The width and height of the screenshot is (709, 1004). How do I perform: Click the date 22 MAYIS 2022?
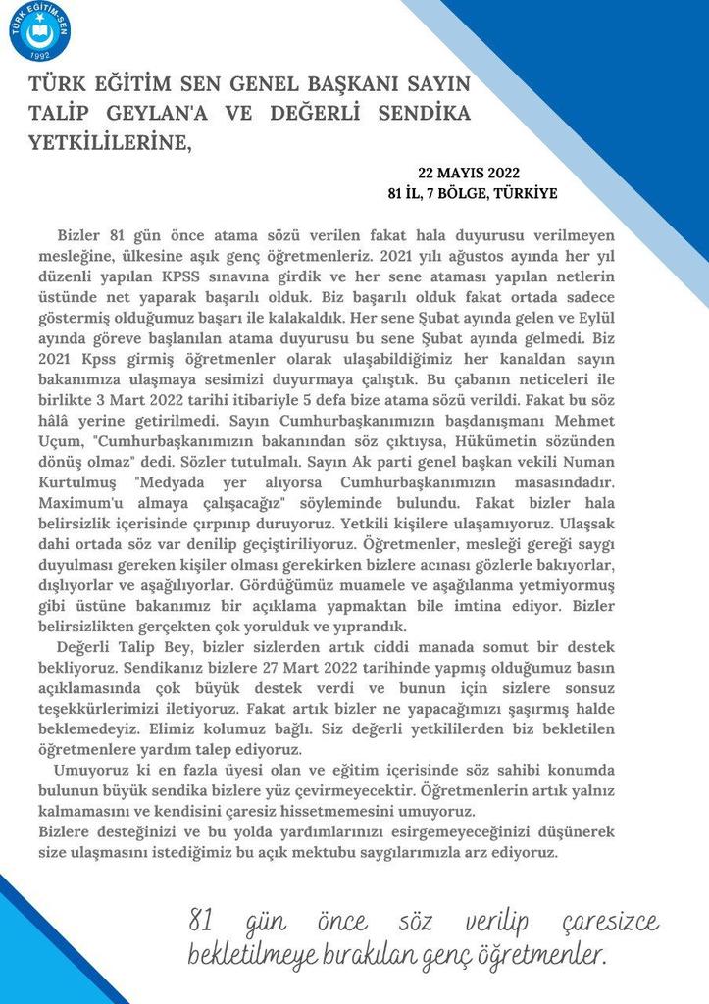tap(468, 173)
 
